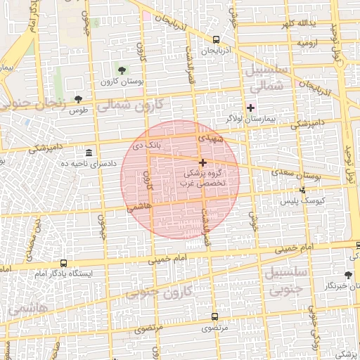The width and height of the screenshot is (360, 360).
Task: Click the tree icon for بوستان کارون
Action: [122, 70]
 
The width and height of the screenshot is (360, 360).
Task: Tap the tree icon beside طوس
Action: [78, 99]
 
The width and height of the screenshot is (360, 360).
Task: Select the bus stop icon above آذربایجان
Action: [215, 39]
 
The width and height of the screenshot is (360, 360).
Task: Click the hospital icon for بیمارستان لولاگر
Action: [250, 108]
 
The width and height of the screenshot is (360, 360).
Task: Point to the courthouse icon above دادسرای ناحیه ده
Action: [89, 153]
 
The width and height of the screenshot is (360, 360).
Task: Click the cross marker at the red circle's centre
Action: [203, 162]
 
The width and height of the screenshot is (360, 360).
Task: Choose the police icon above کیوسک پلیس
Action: [303, 189]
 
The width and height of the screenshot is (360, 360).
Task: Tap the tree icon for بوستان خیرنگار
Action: [348, 275]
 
